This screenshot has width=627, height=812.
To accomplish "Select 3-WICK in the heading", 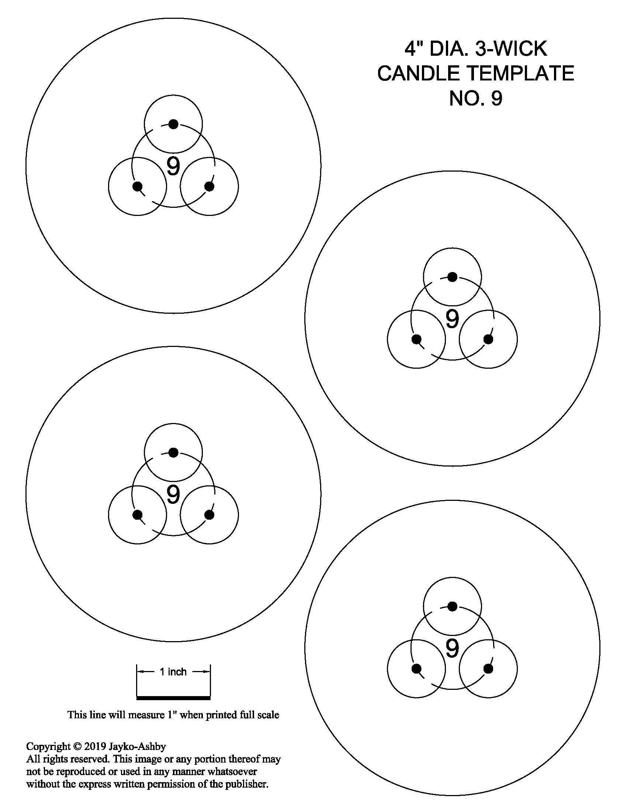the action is click(512, 48).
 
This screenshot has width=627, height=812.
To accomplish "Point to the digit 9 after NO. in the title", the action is click(497, 98).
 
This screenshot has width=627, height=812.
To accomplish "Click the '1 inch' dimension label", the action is click(173, 671).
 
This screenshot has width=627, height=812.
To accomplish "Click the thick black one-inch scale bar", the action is click(173, 698).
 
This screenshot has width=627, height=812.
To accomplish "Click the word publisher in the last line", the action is click(246, 784).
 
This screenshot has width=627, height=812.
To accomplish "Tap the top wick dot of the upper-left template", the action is click(173, 124).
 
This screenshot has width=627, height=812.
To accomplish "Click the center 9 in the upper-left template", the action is click(173, 166).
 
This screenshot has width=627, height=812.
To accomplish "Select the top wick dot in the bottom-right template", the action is click(452, 606).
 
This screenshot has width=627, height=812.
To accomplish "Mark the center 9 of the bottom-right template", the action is click(452, 648).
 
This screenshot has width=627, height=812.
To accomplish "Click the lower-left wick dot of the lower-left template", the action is click(138, 515).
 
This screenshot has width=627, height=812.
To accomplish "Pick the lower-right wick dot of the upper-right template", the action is click(488, 339).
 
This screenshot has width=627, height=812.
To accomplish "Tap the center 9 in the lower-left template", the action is click(173, 495).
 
